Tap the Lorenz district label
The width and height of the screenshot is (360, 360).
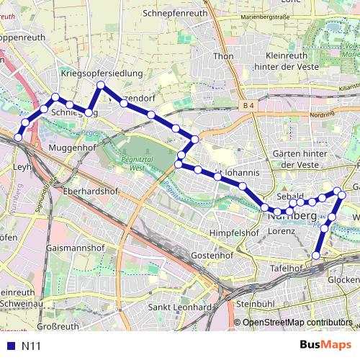click(x=282, y=232)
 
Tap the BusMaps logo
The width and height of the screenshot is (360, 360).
click(x=326, y=345)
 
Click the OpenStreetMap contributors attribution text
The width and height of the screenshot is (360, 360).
click(x=297, y=323)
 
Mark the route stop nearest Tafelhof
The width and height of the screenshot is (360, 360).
click(x=315, y=255)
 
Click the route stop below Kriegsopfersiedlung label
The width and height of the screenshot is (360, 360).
click(x=101, y=86)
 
